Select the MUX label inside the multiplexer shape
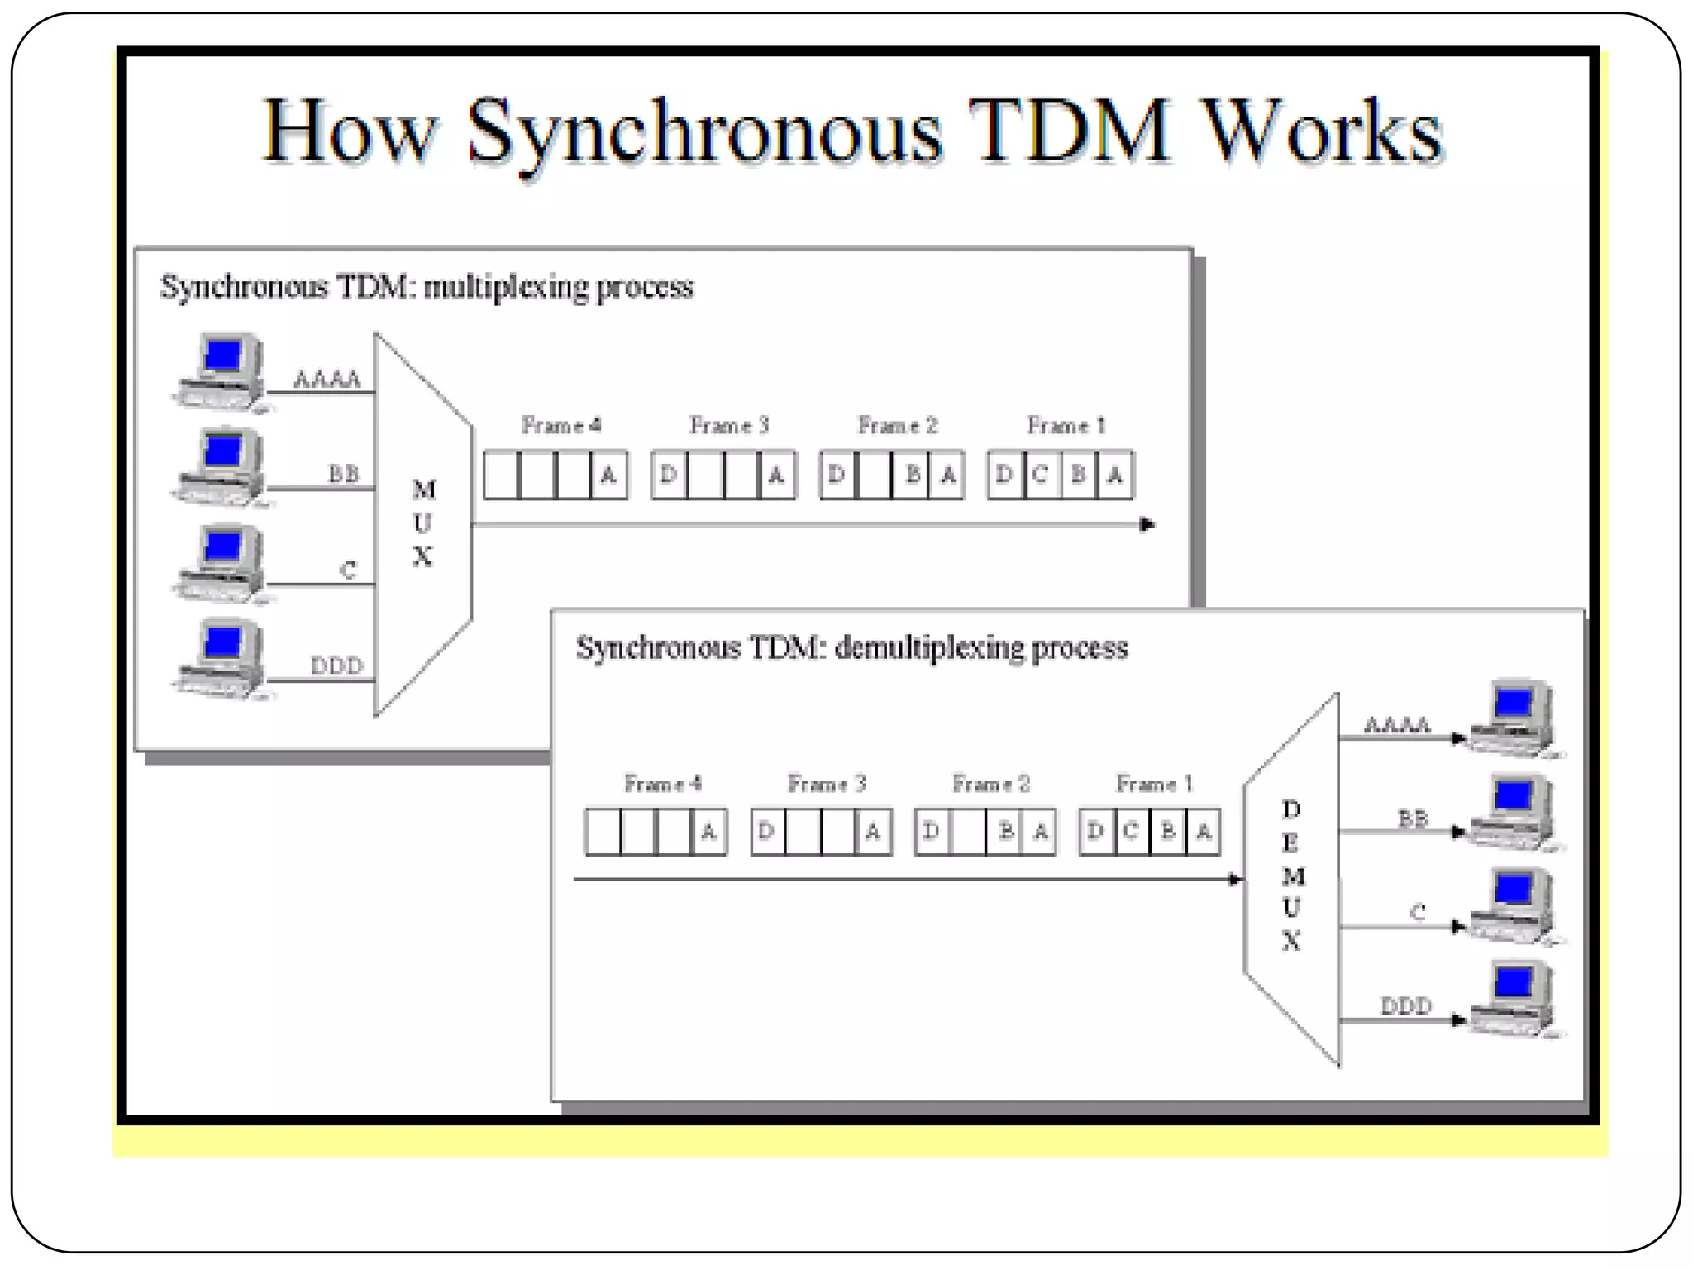[423, 523]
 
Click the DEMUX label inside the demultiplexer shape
[1292, 875]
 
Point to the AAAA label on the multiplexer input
[327, 380]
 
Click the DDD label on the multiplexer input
[336, 666]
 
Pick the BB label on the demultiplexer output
[1413, 819]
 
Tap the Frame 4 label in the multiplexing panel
[560, 426]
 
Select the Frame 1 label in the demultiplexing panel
[1154, 784]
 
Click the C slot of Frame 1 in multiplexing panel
[1041, 475]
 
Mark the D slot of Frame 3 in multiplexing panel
[669, 475]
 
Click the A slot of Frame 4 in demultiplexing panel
[708, 832]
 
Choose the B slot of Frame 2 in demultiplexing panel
[1005, 832]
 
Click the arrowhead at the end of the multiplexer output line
[1147, 524]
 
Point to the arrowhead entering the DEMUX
[1235, 879]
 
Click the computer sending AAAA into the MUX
[220, 373]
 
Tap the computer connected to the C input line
[220, 563]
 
